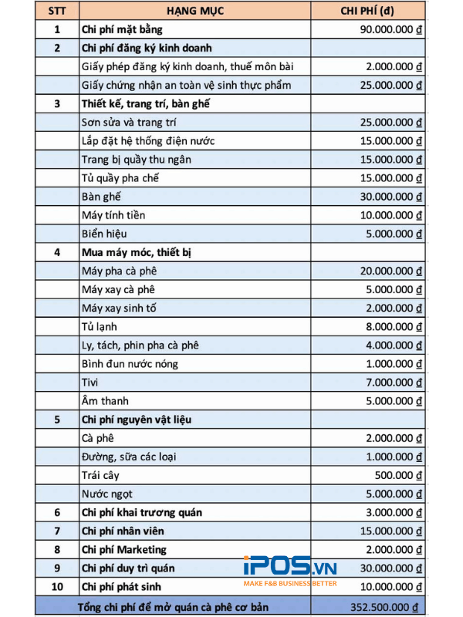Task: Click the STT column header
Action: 56,11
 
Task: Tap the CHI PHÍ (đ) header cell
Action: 367,11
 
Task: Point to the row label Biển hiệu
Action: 104,234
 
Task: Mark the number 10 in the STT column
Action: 56,586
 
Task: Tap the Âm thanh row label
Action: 105,400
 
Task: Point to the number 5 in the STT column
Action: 56,420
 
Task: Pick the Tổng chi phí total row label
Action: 173,608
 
